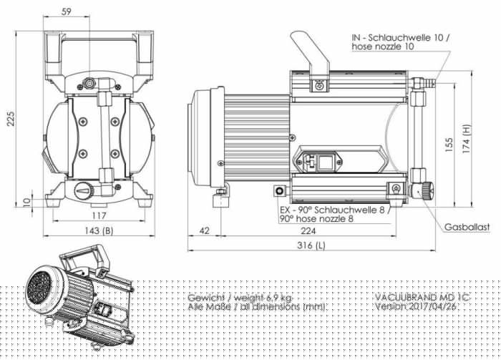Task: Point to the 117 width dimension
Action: tap(99, 215)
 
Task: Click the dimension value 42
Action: tap(205, 230)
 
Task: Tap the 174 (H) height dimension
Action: tap(467, 141)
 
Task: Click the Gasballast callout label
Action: tap(467, 226)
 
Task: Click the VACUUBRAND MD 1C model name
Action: tap(416, 296)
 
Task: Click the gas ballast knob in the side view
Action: tap(427, 191)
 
